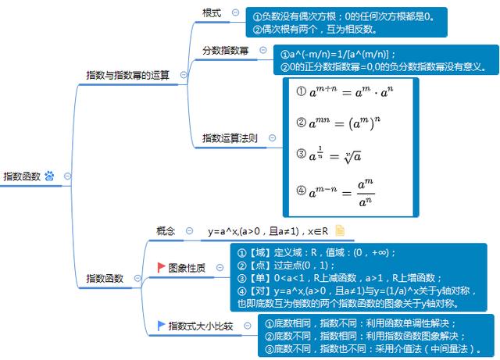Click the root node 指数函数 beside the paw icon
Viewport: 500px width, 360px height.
click(x=23, y=176)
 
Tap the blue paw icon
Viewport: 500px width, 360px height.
click(x=50, y=176)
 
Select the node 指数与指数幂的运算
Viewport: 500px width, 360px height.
click(x=127, y=75)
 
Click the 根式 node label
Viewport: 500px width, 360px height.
click(x=211, y=13)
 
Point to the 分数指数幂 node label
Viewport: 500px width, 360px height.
click(x=225, y=51)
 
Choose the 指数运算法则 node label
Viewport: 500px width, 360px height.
click(x=230, y=137)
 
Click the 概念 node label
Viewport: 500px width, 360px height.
click(x=166, y=230)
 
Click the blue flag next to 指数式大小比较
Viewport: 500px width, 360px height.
click(x=162, y=326)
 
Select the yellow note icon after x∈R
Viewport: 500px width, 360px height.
click(x=340, y=230)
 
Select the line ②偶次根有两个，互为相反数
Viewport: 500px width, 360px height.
click(x=320, y=29)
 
